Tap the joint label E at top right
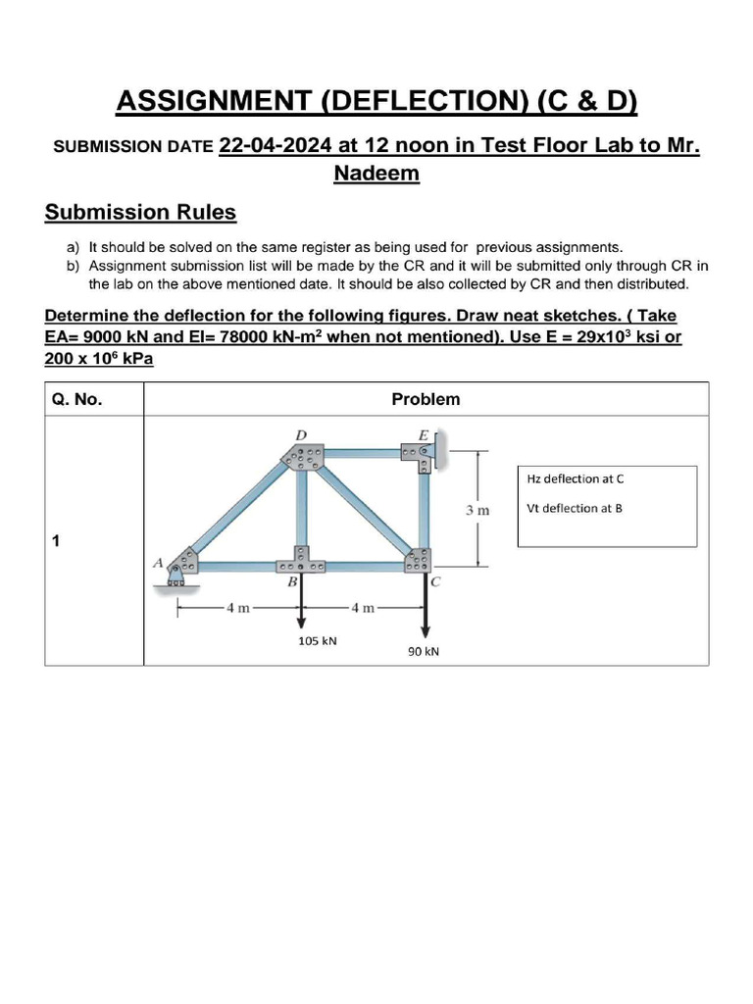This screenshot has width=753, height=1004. pyautogui.click(x=423, y=432)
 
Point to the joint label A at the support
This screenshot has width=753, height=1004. pyautogui.click(x=157, y=563)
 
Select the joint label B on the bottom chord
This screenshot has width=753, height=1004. pyautogui.click(x=291, y=581)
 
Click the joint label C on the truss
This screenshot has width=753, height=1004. pyautogui.click(x=436, y=581)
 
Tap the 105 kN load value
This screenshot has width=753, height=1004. pyautogui.click(x=318, y=641)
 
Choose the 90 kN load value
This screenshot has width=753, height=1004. pyautogui.click(x=424, y=651)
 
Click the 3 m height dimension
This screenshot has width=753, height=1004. pyautogui.click(x=477, y=511)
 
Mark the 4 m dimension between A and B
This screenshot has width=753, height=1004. pyautogui.click(x=238, y=608)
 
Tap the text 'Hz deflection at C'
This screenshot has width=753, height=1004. pyautogui.click(x=576, y=478)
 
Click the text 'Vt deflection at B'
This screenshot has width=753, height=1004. pyautogui.click(x=575, y=508)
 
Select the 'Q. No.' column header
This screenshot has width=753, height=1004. pyautogui.click(x=76, y=399)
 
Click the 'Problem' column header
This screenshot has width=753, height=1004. pyautogui.click(x=426, y=399)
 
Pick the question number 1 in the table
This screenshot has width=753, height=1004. pyautogui.click(x=56, y=540)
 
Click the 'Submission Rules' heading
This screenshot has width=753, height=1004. pyautogui.click(x=140, y=213)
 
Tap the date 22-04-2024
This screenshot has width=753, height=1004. pyautogui.click(x=276, y=146)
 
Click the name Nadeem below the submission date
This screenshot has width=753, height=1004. pyautogui.click(x=376, y=174)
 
